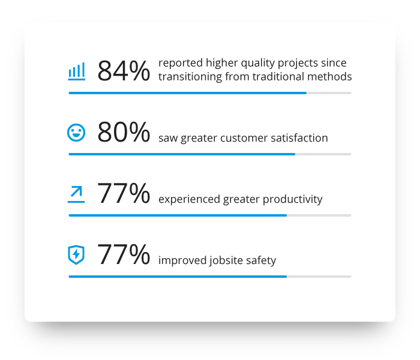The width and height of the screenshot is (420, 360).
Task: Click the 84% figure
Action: tap(124, 71)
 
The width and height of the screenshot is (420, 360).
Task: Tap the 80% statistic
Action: tap(124, 132)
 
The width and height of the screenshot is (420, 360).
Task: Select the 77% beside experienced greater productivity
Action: tap(124, 193)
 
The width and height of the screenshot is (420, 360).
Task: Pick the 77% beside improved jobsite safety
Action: tap(124, 254)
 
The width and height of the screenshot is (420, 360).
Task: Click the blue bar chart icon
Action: tap(77, 71)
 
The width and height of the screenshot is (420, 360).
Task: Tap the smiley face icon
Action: tap(76, 133)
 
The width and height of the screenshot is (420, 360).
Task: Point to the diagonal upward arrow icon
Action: tap(76, 194)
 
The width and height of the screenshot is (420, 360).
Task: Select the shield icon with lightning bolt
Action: tap(76, 255)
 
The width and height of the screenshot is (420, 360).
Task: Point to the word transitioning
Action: tap(190, 77)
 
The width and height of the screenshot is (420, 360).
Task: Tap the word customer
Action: tap(244, 138)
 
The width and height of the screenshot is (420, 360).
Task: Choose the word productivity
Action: tap(293, 200)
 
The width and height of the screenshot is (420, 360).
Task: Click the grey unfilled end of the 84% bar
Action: tap(329, 93)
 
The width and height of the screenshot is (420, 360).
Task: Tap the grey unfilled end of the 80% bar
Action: tap(323, 154)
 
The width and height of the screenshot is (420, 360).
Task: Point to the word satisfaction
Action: tap(299, 138)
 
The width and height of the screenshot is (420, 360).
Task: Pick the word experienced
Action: tap(190, 200)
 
